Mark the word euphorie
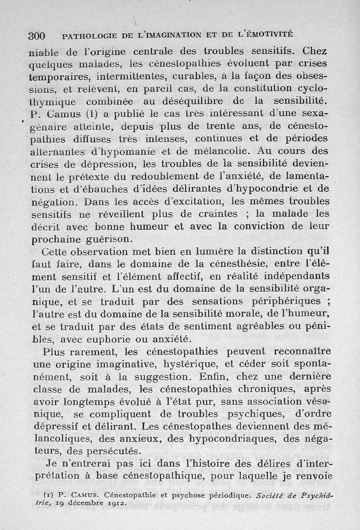[x=130, y=338]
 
